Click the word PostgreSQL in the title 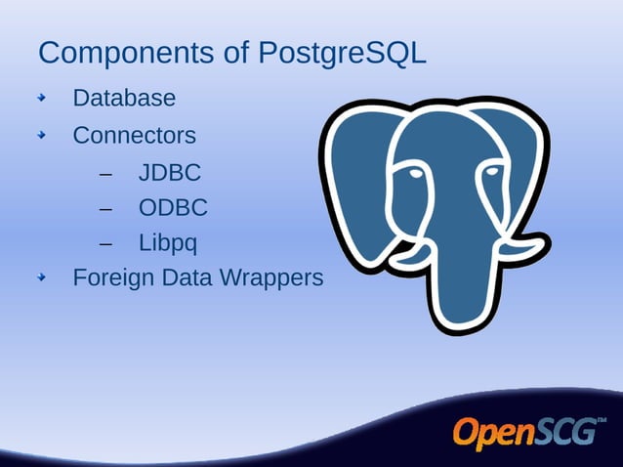coord(342,53)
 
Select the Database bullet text coord(124,99)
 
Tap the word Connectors coord(134,136)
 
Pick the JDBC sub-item coord(169,174)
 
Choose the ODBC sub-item coord(172,208)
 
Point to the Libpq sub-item coord(167,242)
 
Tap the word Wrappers coord(270,278)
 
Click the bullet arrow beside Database coord(42,99)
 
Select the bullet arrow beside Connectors coord(42,136)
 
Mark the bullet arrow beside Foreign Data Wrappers coord(42,278)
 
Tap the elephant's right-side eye coord(493,171)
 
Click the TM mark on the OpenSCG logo coord(602,421)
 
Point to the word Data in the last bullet coord(187,278)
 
